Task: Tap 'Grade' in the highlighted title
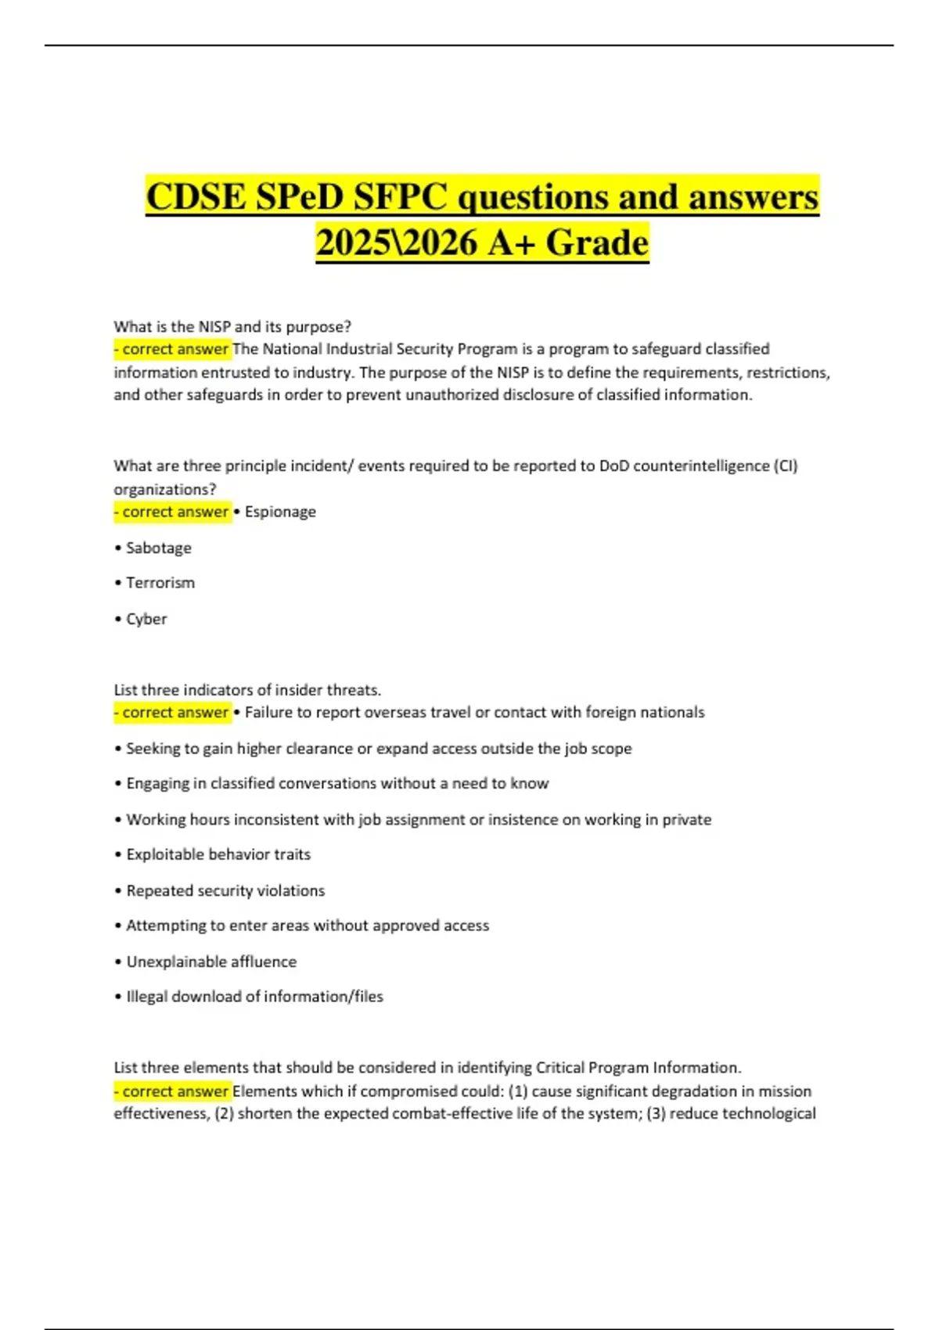597,243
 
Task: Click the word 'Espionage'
280,512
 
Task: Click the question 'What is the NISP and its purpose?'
232,326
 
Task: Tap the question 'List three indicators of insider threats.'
247,690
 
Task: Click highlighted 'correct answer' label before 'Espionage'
173,512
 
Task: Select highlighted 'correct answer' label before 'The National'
173,349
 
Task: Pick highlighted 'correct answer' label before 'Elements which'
173,1091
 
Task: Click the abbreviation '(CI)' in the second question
785,466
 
